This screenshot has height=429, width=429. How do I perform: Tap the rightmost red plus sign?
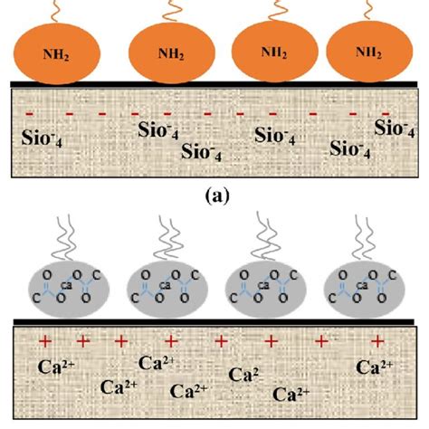click(378, 339)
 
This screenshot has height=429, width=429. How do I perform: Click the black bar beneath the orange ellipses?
click(214, 84)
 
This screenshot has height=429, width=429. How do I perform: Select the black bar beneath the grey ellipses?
click(214, 319)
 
